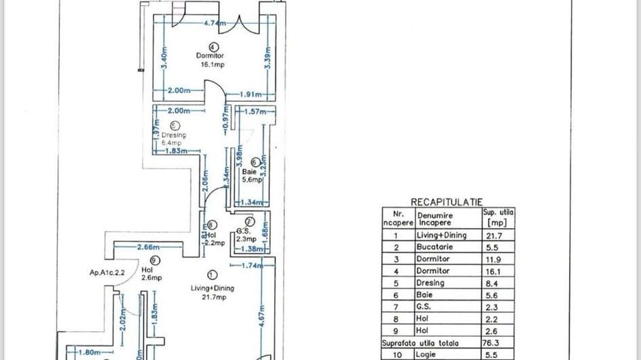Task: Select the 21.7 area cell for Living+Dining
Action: pyautogui.click(x=498, y=235)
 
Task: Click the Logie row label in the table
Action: pyautogui.click(x=426, y=355)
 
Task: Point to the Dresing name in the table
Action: pyautogui.click(x=431, y=283)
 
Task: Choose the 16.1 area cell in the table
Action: pyautogui.click(x=498, y=271)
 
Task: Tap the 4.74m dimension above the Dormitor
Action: pyautogui.click(x=215, y=23)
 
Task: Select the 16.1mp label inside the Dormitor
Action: pyautogui.click(x=212, y=65)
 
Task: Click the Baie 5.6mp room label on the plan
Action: pyautogui.click(x=250, y=176)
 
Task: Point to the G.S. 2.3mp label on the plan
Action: pyautogui.click(x=246, y=235)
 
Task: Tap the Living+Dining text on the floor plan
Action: pyautogui.click(x=212, y=288)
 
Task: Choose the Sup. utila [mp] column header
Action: pyautogui.click(x=498, y=217)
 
